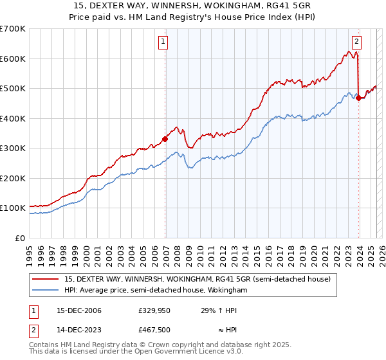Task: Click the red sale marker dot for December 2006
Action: pos(165,138)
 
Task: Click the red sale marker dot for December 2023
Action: pos(358,98)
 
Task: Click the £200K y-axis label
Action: pos(13,178)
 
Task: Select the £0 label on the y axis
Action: pos(19,238)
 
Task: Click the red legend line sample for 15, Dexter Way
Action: pos(45,279)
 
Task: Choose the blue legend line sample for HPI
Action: pos(45,291)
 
